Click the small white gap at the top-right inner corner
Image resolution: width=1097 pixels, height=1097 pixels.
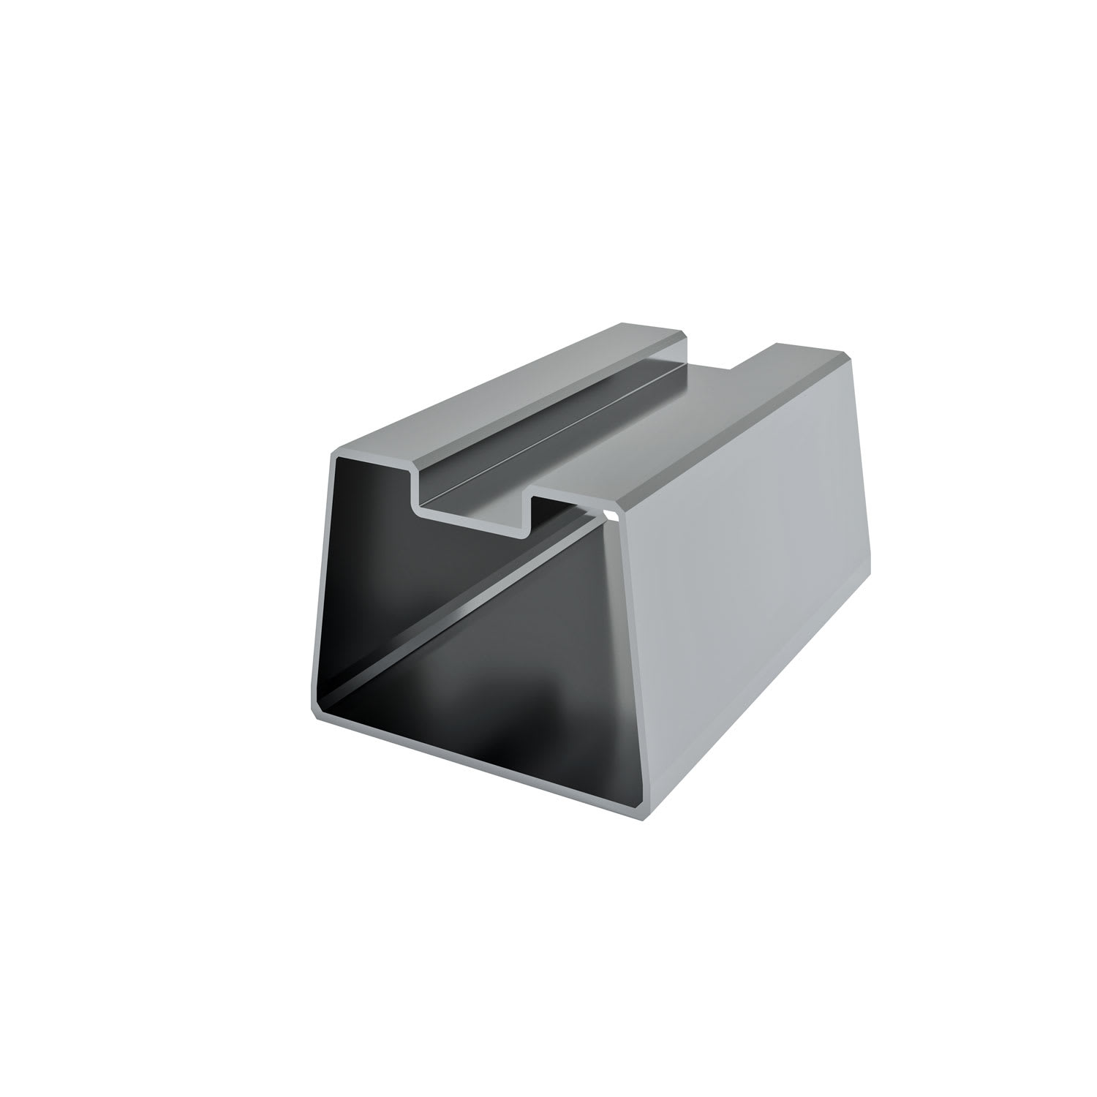tap(613, 517)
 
